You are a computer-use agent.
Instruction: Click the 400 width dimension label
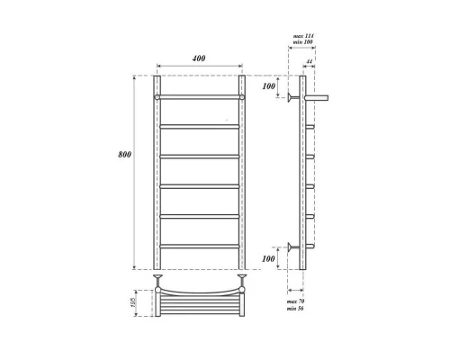point(199,58)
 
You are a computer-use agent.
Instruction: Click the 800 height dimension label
point(125,154)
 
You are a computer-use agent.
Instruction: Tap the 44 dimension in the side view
point(309,62)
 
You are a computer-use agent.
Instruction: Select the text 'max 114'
point(303,36)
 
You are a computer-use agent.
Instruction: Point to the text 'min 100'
point(303,43)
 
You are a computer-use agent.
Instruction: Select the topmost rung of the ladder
point(200,95)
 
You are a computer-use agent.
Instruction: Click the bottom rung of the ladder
point(200,246)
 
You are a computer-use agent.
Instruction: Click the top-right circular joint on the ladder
point(242,95)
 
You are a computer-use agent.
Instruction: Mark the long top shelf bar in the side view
point(319,95)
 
